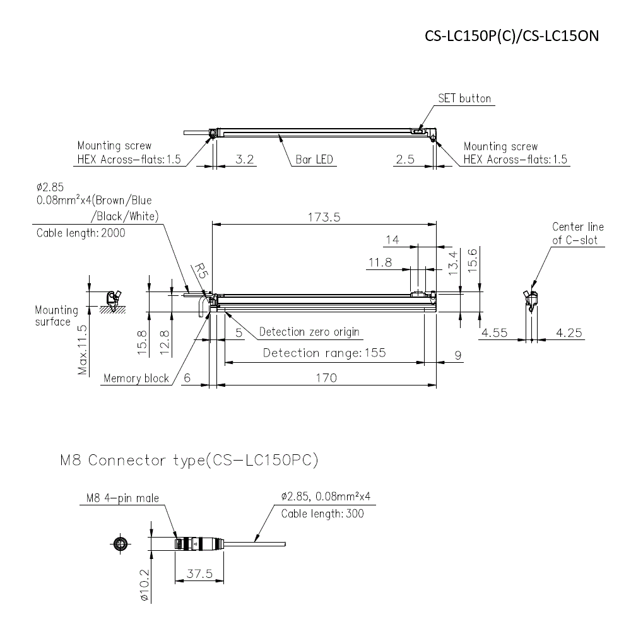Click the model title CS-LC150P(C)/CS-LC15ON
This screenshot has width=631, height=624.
510,36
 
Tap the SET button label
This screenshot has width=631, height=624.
464,98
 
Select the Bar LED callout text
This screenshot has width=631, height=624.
314,160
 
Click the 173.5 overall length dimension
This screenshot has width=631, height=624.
324,217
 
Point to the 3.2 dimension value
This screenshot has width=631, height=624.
244,160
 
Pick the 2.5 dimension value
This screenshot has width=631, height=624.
405,160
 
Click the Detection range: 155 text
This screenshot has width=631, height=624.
324,353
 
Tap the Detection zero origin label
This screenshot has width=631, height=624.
309,332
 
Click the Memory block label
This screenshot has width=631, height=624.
136,379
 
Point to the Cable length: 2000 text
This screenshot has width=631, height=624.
81,233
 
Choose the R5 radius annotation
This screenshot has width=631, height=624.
200,271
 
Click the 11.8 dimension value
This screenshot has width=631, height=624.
380,262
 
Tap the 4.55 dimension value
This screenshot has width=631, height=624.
494,333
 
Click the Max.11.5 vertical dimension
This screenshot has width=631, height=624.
83,350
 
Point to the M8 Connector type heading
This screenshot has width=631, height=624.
189,461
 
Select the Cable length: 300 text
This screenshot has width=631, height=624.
322,514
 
